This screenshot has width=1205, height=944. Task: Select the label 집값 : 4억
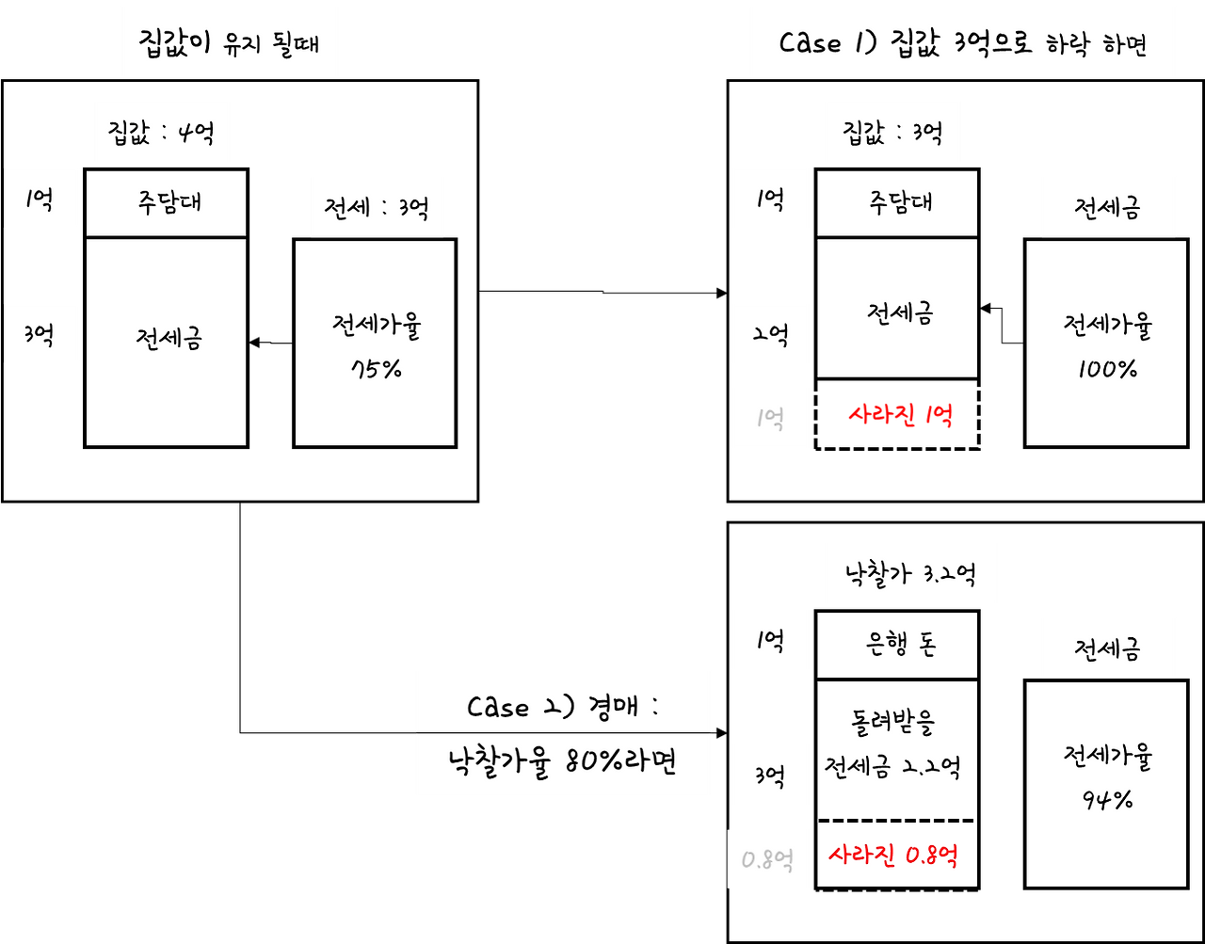(162, 132)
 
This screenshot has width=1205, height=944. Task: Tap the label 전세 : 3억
(377, 207)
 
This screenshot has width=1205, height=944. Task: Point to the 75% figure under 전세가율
(376, 369)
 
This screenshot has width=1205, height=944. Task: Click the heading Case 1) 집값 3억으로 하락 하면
(962, 43)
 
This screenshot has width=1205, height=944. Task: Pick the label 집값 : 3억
(892, 132)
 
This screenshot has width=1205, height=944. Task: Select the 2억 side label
(770, 334)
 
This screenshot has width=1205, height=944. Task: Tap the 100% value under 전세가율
(1107, 369)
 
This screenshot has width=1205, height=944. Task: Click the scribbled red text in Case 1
(900, 415)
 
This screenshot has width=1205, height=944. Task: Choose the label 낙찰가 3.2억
(910, 573)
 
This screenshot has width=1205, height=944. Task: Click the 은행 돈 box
(897, 645)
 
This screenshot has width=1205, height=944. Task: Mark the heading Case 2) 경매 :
(562, 706)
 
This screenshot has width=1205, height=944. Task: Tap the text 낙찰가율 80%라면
(562, 763)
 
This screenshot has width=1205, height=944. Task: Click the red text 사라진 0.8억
(892, 856)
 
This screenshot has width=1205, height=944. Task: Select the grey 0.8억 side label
(767, 859)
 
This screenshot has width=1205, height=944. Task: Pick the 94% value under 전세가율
(1107, 800)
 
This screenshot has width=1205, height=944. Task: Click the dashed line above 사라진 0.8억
(896, 821)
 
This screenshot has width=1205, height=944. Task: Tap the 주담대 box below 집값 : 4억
(166, 202)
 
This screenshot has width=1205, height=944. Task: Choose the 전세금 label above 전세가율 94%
(1107, 648)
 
